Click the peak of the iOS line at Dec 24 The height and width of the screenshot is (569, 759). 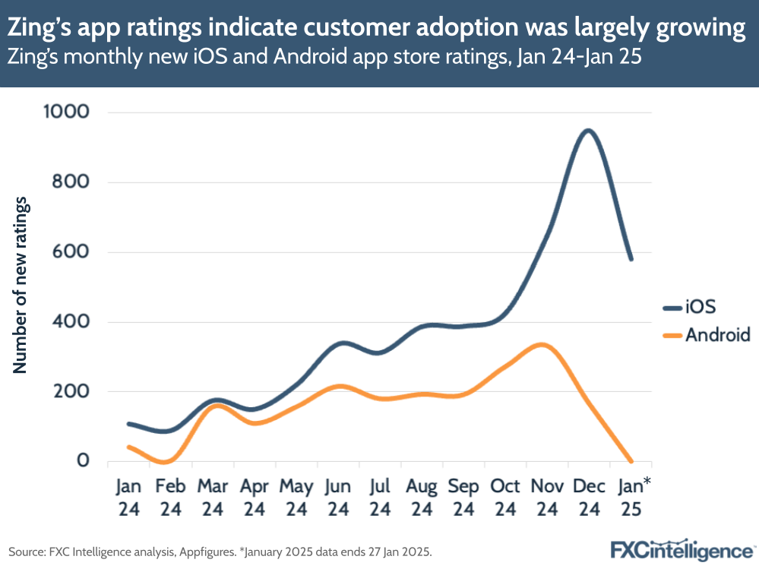587,131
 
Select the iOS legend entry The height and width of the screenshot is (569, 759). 700,307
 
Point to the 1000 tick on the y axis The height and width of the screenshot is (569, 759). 66,112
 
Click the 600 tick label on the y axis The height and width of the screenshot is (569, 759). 72,252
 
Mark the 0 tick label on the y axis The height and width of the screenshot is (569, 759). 81,461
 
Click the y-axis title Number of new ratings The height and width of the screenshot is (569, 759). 21,285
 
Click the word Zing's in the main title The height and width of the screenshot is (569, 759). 38,29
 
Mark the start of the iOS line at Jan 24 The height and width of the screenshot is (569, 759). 128,423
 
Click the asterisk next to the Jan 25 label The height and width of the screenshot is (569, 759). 647,481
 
